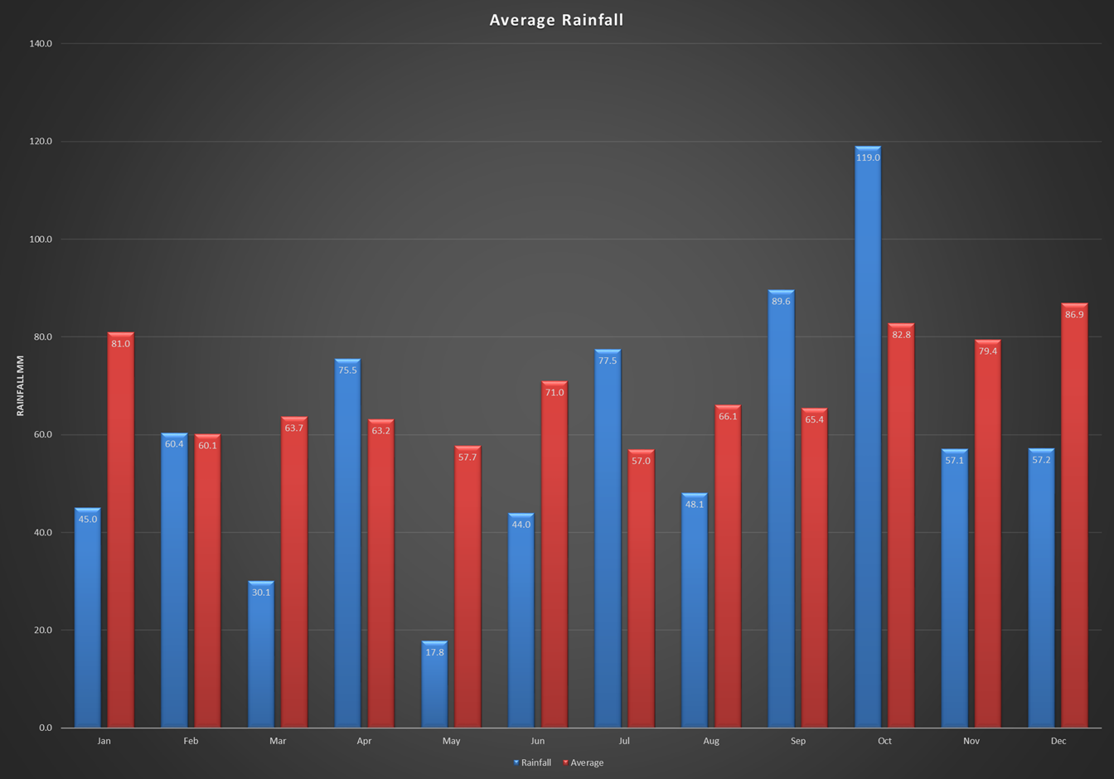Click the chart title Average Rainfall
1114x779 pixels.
(x=556, y=20)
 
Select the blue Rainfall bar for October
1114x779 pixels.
(x=868, y=439)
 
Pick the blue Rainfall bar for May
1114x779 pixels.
(x=434, y=688)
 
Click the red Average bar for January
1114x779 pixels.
(x=121, y=530)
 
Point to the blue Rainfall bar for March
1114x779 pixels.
(x=261, y=655)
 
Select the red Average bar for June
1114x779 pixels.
(x=555, y=555)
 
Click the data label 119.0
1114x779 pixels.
(x=868, y=157)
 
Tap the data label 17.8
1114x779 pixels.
(x=434, y=652)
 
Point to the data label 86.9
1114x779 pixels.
(x=1074, y=315)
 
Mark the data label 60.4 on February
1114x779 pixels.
(x=174, y=444)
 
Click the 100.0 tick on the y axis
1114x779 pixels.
(x=40, y=240)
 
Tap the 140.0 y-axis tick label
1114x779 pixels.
(x=40, y=44)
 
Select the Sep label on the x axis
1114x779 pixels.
(x=797, y=741)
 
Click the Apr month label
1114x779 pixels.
(x=364, y=741)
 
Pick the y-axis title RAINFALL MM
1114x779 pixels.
(x=21, y=385)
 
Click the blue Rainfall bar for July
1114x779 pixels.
(x=608, y=539)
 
